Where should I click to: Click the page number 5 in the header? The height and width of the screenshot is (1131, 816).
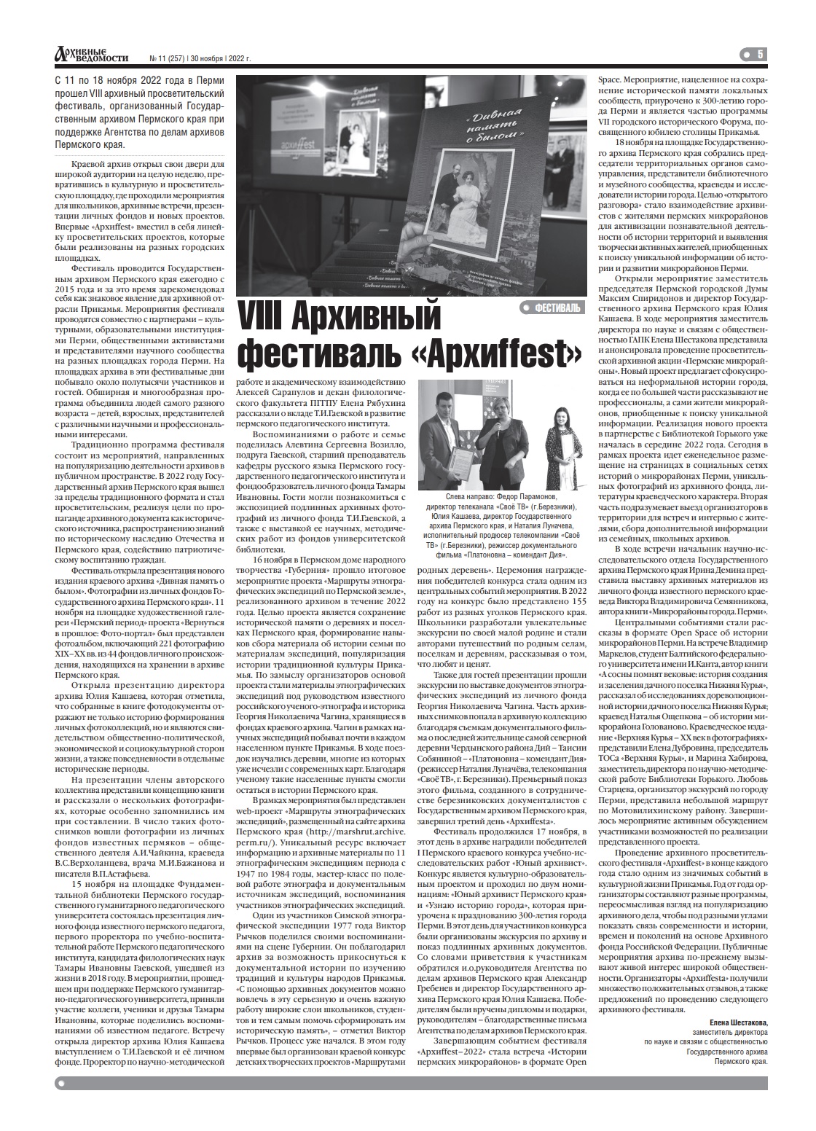coord(759,54)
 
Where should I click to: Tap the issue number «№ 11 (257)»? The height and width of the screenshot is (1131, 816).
coord(166,58)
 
